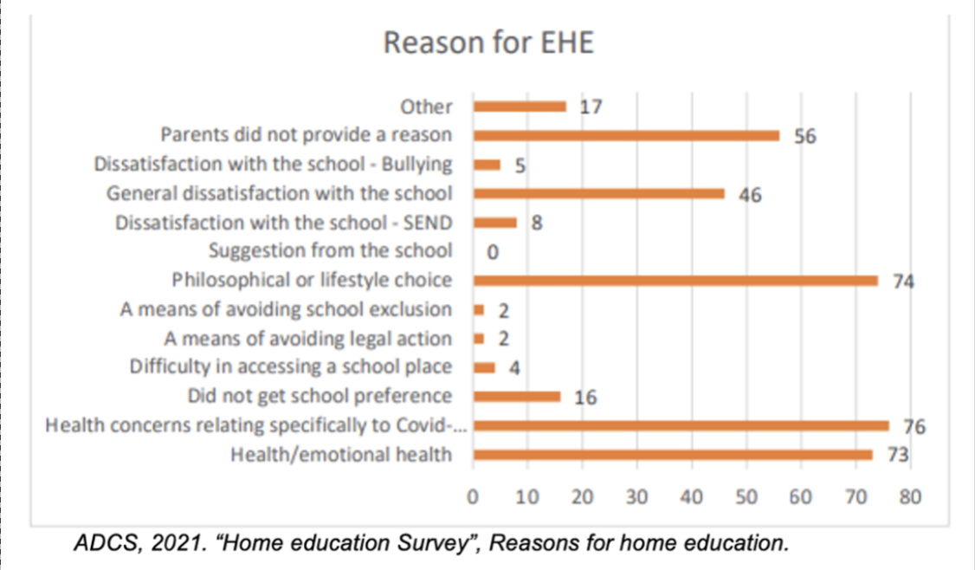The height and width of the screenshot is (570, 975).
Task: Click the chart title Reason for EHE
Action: (489, 43)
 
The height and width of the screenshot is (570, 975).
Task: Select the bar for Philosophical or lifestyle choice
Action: (675, 281)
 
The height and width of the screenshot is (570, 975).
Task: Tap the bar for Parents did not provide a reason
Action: (626, 135)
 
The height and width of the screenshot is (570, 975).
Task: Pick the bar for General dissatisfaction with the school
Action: (598, 193)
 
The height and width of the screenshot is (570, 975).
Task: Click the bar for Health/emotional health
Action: (673, 455)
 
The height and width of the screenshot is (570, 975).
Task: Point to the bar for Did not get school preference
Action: (517, 397)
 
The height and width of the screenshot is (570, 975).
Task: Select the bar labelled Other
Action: (520, 107)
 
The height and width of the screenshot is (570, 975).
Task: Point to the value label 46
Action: (750, 195)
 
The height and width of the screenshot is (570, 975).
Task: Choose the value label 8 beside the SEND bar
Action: (537, 223)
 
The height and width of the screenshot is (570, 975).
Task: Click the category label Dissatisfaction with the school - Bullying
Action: (273, 165)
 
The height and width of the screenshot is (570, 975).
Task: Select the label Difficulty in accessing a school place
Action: (291, 367)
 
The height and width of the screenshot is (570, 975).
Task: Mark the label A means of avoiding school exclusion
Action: (285, 309)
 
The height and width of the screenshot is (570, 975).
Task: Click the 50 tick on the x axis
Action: (746, 498)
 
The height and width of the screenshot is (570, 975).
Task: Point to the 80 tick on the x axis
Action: (910, 498)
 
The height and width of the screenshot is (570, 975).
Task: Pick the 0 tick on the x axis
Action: (473, 498)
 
